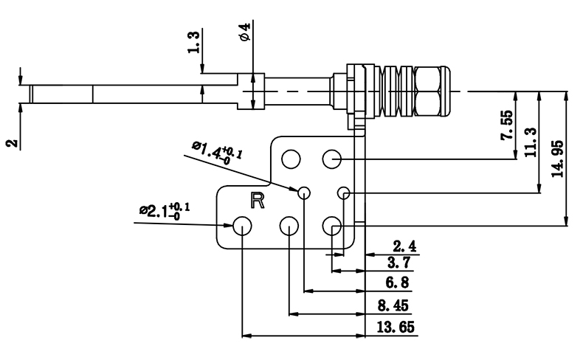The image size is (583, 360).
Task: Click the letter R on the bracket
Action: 258,200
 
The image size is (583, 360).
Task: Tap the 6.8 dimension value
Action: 397,283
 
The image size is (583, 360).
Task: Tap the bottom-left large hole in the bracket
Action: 243,226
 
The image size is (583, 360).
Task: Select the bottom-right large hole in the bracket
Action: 331,226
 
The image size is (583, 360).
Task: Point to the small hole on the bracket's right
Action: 343,193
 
